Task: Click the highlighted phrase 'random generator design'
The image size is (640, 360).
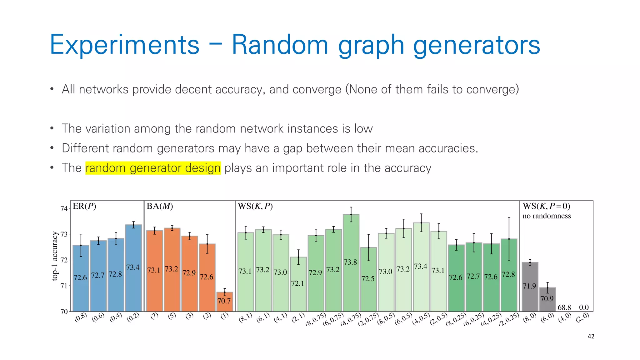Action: tap(153, 168)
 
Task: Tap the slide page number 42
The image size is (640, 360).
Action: tap(591, 337)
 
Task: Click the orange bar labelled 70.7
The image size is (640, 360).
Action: tap(225, 302)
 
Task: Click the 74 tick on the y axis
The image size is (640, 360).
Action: tap(64, 208)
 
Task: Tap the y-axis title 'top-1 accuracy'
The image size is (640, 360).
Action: tap(55, 256)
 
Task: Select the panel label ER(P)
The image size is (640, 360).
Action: tap(84, 206)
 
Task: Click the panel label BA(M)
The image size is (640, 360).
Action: tap(160, 206)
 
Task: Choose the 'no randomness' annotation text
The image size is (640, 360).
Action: tap(547, 216)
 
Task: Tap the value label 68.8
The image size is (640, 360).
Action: tap(564, 307)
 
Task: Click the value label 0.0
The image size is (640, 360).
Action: tap(584, 307)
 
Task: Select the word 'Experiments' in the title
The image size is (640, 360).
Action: tap(124, 45)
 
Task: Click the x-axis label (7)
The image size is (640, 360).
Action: tap(154, 316)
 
